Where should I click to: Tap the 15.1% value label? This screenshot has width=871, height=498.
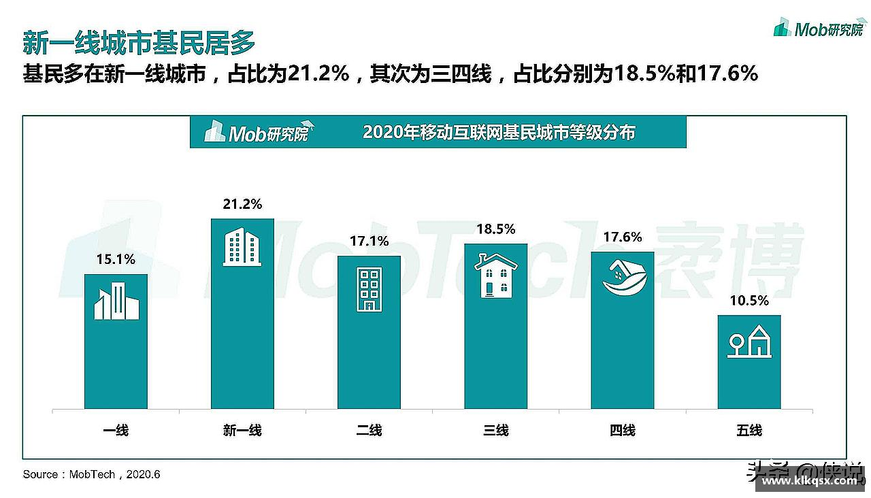[x=116, y=259]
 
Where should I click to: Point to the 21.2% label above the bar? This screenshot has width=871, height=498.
[x=242, y=204]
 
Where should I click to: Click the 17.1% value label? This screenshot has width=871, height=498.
[x=369, y=241]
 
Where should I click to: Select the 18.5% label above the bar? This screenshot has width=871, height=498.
[x=495, y=229]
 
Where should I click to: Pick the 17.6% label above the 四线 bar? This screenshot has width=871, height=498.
[x=623, y=237]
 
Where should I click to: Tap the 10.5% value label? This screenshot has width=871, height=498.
[x=749, y=300]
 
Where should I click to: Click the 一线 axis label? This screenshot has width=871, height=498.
[x=116, y=430]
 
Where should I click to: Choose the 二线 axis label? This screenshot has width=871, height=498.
[x=369, y=430]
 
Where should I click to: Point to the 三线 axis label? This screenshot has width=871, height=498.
[x=496, y=430]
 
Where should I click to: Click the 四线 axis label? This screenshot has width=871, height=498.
[x=623, y=430]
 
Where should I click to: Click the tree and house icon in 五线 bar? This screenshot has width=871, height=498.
[x=749, y=342]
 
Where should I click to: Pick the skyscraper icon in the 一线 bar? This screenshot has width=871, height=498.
[x=116, y=302]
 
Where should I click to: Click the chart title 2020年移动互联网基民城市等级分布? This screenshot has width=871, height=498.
[x=499, y=132]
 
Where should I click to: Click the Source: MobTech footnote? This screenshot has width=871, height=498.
[x=91, y=474]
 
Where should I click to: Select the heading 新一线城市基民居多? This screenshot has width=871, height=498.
[x=139, y=42]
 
